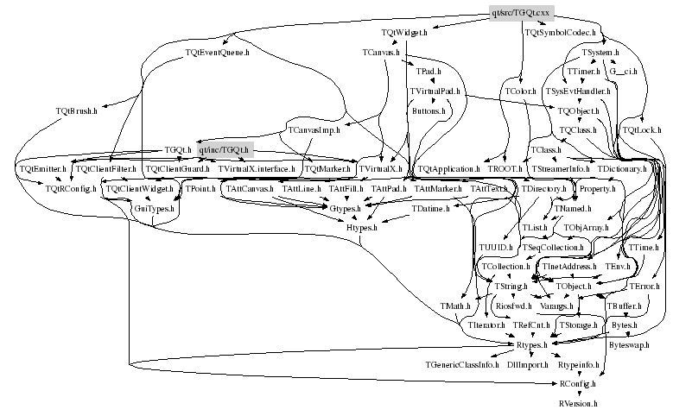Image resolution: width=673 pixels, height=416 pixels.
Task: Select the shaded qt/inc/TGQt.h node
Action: pyautogui.click(x=223, y=149)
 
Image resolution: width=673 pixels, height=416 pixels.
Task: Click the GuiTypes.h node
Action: pyautogui.click(x=154, y=208)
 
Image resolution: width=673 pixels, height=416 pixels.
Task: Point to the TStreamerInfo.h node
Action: pyautogui.click(x=560, y=169)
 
